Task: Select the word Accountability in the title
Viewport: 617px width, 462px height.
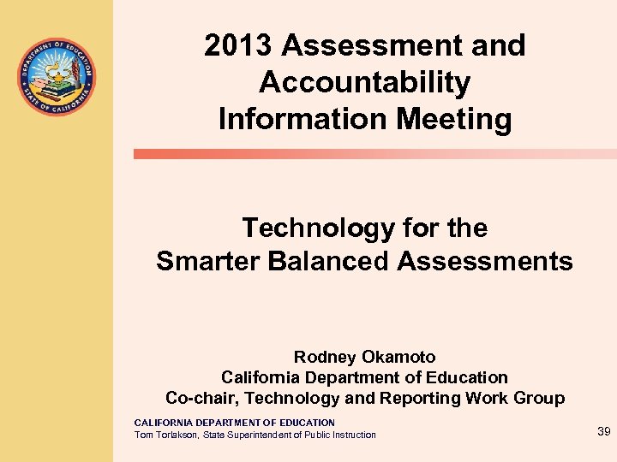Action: click(364, 82)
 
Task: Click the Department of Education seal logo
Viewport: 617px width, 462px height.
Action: click(57, 78)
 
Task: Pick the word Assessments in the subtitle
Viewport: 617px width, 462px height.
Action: click(485, 261)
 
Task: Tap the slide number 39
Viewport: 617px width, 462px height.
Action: click(603, 432)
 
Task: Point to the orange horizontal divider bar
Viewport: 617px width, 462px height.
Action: click(374, 154)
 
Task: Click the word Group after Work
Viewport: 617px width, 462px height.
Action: click(541, 398)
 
